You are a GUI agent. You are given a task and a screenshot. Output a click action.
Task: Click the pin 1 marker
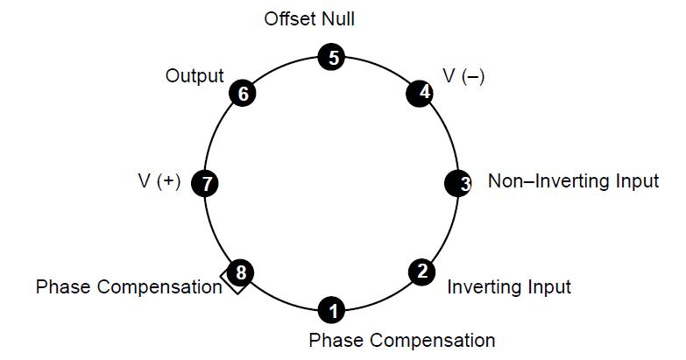pyautogui.click(x=331, y=309)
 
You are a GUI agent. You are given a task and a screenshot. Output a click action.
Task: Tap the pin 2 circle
pyautogui.click(x=421, y=272)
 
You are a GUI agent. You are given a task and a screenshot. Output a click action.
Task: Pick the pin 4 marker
pyautogui.click(x=421, y=93)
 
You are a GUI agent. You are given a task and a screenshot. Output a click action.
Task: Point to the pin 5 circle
pyautogui.click(x=331, y=58)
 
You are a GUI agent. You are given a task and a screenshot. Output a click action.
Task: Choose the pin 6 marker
pyautogui.click(x=242, y=94)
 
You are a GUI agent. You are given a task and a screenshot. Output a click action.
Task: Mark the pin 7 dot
pyautogui.click(x=207, y=183)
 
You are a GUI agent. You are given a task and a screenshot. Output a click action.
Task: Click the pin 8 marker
pyautogui.click(x=241, y=272)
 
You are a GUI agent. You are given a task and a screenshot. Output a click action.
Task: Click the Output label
pyautogui.click(x=194, y=76)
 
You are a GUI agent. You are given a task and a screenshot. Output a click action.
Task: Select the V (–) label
pyautogui.click(x=463, y=76)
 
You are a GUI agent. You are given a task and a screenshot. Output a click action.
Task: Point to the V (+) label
pyautogui.click(x=159, y=182)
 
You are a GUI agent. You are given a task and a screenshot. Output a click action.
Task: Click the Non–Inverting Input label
pyautogui.click(x=573, y=181)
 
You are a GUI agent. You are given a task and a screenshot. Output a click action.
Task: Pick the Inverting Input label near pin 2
pyautogui.click(x=509, y=286)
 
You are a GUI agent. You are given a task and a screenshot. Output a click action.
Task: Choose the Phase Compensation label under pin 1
pyautogui.click(x=402, y=340)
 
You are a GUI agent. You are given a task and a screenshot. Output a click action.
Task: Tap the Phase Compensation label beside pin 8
pyautogui.click(x=129, y=286)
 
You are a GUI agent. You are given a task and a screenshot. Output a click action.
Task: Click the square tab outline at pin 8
pyautogui.click(x=233, y=282)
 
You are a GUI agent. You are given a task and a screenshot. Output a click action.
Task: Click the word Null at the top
pyautogui.click(x=337, y=18)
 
